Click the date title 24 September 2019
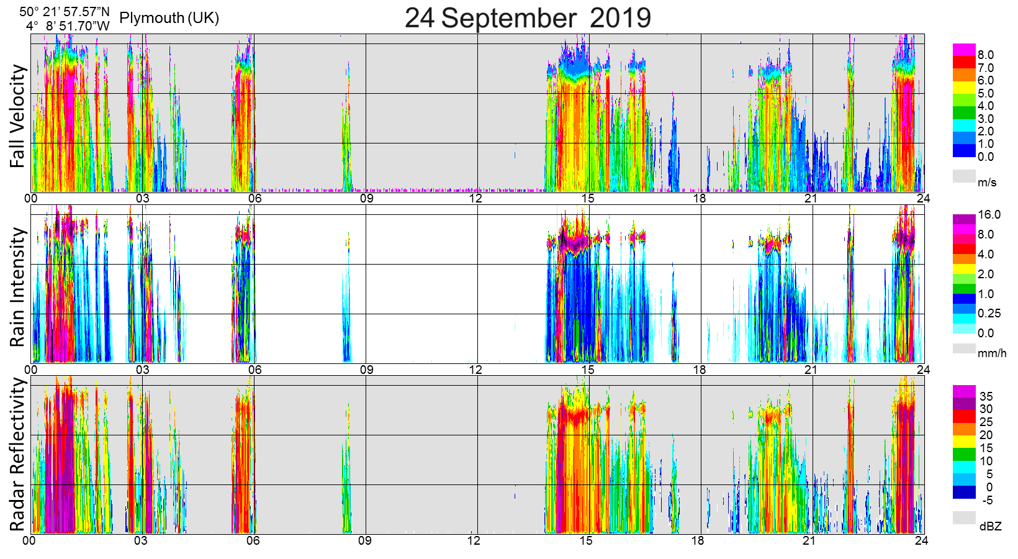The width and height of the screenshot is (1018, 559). tap(528, 17)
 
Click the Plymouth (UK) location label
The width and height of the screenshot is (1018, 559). tap(169, 17)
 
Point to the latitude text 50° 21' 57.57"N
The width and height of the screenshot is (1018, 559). tap(64, 11)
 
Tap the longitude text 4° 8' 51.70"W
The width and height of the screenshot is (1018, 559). tap(68, 25)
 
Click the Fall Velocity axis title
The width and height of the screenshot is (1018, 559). tap(18, 116)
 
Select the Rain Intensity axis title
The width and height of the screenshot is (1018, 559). tap(18, 287)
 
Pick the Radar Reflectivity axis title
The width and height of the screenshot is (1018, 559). tap(18, 455)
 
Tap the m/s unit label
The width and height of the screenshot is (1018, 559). tap(987, 182)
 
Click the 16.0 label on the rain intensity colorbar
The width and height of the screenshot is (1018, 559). tap(989, 215)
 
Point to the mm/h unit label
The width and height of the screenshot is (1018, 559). tap(992, 353)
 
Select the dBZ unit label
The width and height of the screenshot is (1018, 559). tap(990, 527)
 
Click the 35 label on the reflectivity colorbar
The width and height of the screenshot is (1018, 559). tap(986, 396)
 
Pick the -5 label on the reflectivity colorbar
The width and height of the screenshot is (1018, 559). tap(986, 500)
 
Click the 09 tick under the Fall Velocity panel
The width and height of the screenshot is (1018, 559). tap(367, 199)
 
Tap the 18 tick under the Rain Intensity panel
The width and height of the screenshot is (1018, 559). tap(700, 370)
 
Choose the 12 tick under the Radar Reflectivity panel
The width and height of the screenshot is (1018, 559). tap(474, 540)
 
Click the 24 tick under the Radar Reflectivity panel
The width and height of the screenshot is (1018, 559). tap(922, 540)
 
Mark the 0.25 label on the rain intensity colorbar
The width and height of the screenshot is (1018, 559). tap(989, 314)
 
